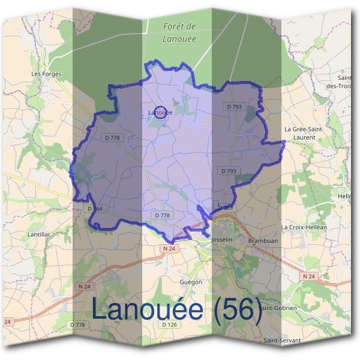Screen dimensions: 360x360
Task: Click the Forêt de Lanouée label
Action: (x=179, y=32)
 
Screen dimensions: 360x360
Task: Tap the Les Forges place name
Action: (x=46, y=74)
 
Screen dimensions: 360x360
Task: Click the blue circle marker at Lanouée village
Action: (x=160, y=112)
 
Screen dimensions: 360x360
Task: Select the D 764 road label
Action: (x=95, y=209)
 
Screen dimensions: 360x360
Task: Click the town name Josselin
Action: (x=222, y=239)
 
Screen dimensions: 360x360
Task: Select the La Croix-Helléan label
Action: (x=304, y=227)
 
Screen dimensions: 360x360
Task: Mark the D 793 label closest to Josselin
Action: (x=226, y=208)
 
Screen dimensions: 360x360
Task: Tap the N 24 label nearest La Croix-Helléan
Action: (x=308, y=276)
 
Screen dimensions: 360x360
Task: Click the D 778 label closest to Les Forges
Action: (x=112, y=137)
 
